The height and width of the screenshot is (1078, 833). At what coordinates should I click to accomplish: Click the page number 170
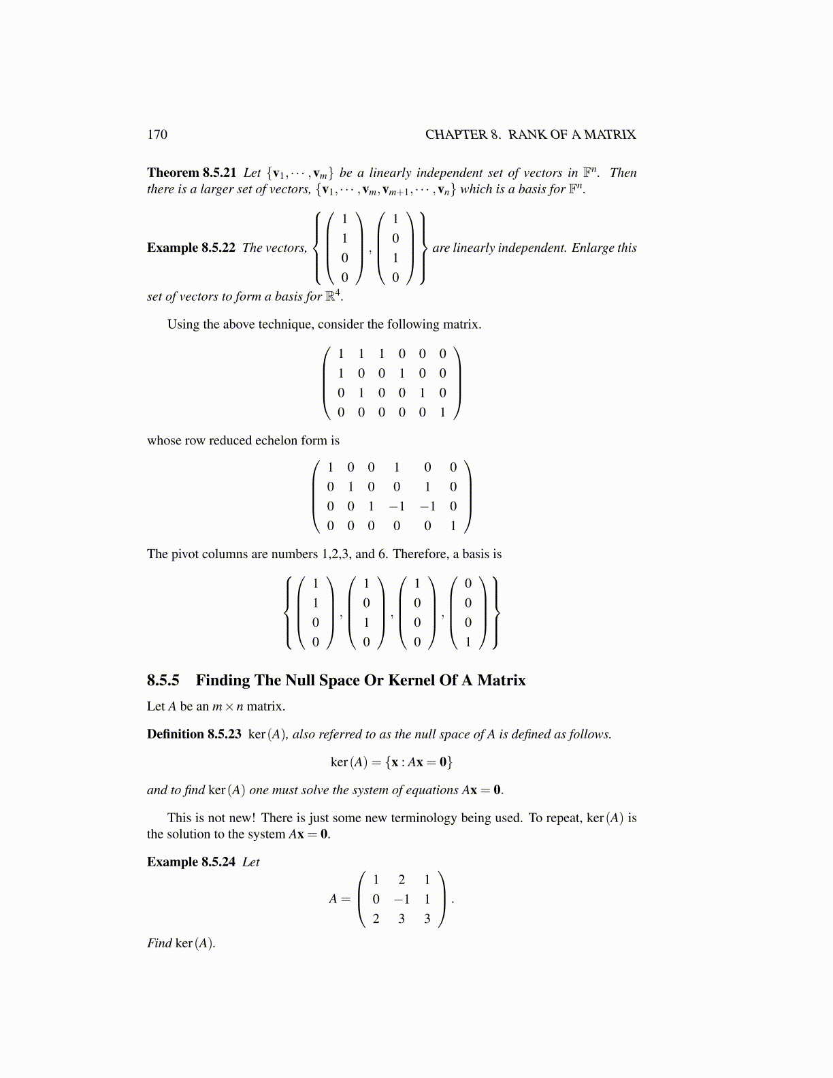(157, 135)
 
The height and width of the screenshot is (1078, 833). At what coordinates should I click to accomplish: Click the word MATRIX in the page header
(610, 135)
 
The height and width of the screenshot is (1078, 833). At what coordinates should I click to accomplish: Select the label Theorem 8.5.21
(191, 173)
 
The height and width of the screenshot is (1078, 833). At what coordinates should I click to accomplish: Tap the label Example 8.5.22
(191, 248)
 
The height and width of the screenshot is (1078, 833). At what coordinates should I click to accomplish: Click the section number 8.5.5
(163, 681)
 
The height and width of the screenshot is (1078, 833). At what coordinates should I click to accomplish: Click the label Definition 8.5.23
(194, 734)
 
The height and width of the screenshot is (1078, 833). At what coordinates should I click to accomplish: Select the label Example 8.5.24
(191, 862)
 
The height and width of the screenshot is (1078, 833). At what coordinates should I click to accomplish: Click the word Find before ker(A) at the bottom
(159, 943)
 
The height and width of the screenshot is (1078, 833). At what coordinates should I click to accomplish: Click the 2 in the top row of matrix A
(402, 880)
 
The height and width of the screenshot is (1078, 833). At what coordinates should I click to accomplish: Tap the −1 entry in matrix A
(401, 899)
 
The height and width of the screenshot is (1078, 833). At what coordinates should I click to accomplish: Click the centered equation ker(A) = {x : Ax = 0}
(391, 762)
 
